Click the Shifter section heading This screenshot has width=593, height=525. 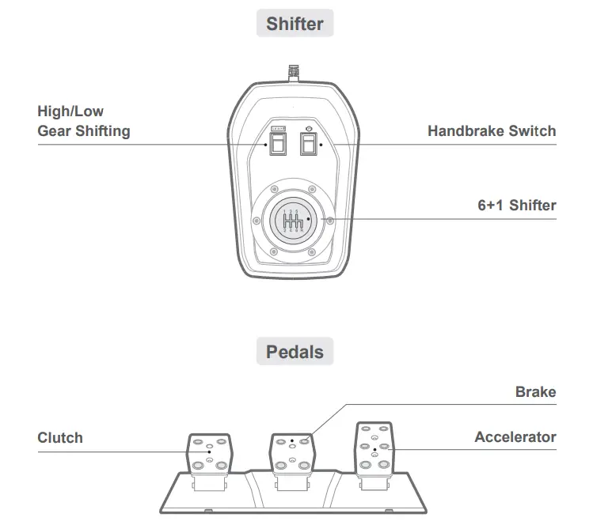point(295,24)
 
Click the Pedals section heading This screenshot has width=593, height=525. point(295,351)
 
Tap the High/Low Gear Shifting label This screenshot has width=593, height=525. point(83,121)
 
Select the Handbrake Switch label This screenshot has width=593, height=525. point(491,131)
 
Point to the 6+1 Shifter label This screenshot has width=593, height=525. point(516,206)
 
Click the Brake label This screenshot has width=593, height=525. point(535,392)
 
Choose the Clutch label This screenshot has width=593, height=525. point(60,437)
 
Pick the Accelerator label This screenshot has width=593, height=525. point(515,437)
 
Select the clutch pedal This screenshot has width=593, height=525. point(209,453)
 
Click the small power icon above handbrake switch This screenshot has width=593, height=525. point(308,128)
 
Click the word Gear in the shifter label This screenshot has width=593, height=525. point(55,131)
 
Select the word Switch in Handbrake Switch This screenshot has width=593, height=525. point(531,131)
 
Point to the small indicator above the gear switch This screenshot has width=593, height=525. point(278,128)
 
